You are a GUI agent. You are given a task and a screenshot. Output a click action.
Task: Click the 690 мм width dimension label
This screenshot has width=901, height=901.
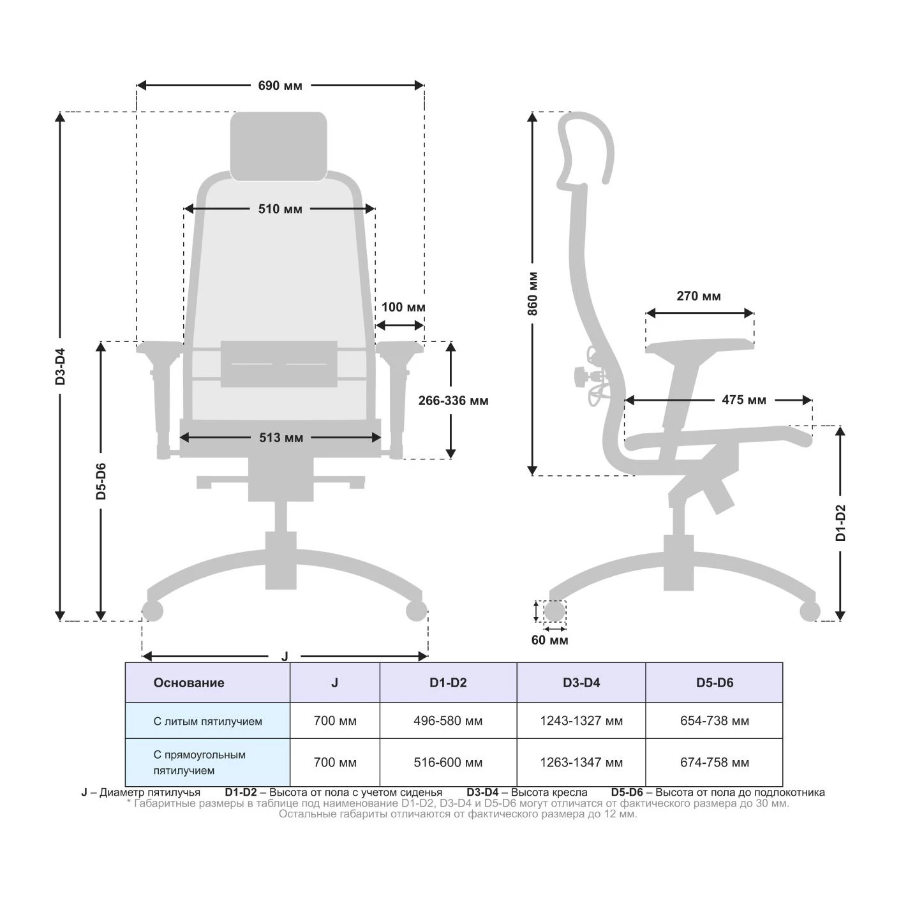pyautogui.click(x=280, y=86)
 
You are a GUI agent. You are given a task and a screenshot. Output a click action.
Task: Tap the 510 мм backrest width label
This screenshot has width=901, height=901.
pyautogui.click(x=280, y=209)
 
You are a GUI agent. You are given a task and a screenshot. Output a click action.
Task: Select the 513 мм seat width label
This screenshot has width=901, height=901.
pyautogui.click(x=281, y=438)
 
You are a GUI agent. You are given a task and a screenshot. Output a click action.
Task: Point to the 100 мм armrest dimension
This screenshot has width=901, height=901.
pyautogui.click(x=403, y=307)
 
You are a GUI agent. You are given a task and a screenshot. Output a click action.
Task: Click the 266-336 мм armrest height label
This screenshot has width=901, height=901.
pyautogui.click(x=453, y=401)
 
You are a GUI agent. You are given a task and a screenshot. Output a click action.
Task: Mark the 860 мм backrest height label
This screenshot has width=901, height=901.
pyautogui.click(x=533, y=294)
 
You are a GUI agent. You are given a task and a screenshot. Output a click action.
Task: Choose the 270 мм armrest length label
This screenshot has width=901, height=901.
pyautogui.click(x=699, y=296)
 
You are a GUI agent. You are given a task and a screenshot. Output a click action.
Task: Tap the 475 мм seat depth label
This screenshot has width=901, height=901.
pyautogui.click(x=744, y=399)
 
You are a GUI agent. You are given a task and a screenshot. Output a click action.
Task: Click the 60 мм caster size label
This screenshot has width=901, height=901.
pyautogui.click(x=549, y=640)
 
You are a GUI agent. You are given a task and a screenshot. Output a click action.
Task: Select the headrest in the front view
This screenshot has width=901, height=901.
pyautogui.click(x=279, y=146)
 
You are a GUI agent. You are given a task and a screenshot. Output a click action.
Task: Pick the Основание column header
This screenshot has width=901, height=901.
pyautogui.click(x=189, y=683)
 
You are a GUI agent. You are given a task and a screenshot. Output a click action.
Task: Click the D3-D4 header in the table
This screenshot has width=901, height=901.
pyautogui.click(x=581, y=683)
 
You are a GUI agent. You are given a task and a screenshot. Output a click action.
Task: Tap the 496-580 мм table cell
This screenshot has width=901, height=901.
pyautogui.click(x=448, y=720)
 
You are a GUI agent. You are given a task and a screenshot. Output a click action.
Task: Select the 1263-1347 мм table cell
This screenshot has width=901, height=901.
pyautogui.click(x=581, y=763)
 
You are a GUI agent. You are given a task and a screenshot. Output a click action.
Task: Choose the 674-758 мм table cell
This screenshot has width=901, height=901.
pyautogui.click(x=715, y=763)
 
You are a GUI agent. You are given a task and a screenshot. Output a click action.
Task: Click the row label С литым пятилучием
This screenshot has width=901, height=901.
pyautogui.click(x=207, y=721)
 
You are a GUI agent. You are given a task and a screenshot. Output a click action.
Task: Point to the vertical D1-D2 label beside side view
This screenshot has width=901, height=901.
pyautogui.click(x=840, y=523)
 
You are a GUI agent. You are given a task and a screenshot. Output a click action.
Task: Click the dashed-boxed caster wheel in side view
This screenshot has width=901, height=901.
pyautogui.click(x=555, y=611)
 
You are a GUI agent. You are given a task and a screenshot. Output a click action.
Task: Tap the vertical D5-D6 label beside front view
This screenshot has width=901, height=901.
pyautogui.click(x=101, y=481)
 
